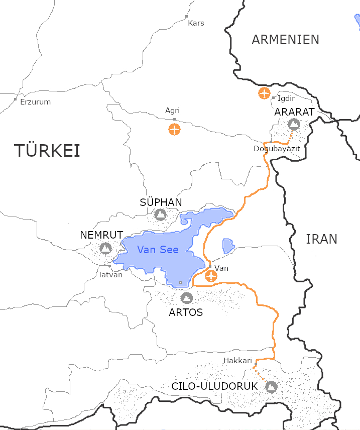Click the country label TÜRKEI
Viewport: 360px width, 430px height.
click(x=47, y=151)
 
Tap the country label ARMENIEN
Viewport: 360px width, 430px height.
click(x=285, y=40)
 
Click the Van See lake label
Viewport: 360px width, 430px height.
click(x=158, y=250)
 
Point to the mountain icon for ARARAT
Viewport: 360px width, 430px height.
click(x=294, y=124)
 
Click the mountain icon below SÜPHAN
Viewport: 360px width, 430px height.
click(x=160, y=215)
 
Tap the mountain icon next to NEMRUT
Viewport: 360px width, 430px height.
click(x=105, y=248)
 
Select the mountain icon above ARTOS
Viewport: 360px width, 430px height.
click(x=186, y=298)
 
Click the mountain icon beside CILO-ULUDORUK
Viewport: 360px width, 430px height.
click(x=271, y=387)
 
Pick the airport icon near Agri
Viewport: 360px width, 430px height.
click(x=174, y=129)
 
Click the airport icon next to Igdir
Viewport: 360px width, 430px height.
click(x=264, y=93)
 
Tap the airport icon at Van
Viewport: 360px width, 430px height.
click(x=211, y=276)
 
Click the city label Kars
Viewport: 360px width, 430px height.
click(x=196, y=23)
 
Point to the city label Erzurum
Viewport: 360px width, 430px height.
click(x=35, y=102)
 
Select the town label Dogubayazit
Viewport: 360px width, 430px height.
click(x=277, y=149)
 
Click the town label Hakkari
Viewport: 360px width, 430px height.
click(x=237, y=361)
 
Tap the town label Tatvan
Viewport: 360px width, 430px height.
click(x=110, y=275)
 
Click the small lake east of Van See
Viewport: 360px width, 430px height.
click(x=228, y=246)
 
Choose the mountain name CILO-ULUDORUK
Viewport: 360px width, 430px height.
click(x=214, y=387)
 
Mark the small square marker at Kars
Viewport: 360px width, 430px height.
click(x=187, y=17)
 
